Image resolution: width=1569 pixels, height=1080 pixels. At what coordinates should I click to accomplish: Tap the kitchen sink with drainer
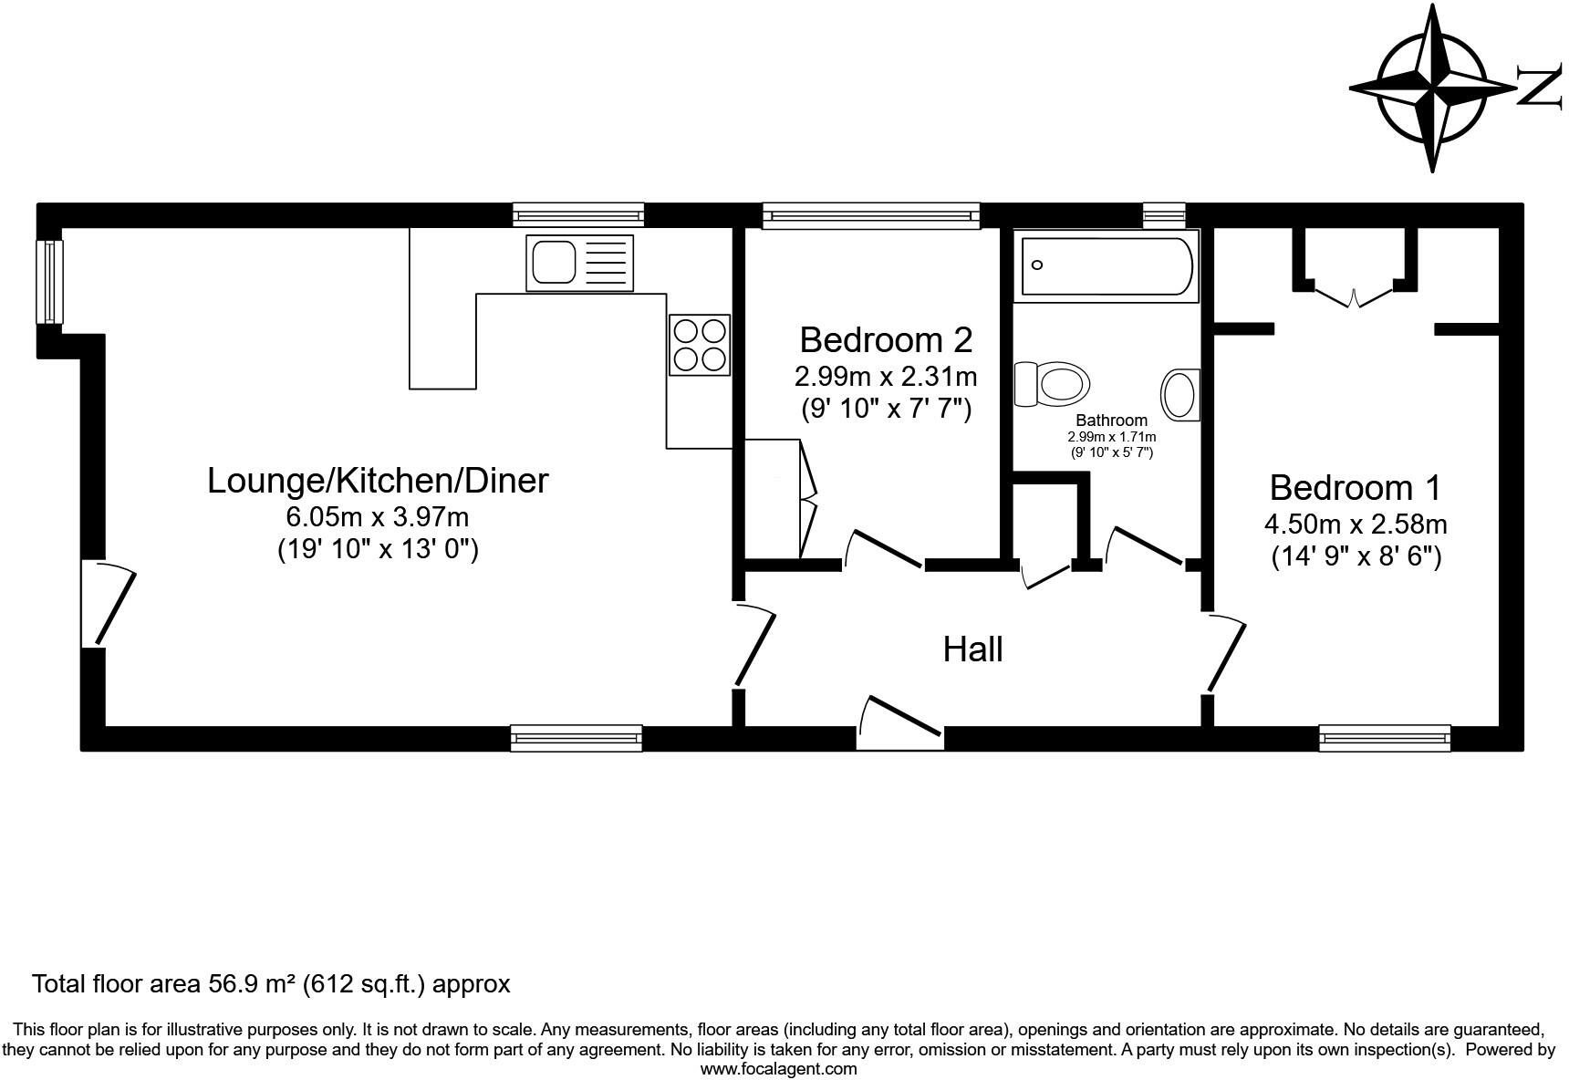(x=579, y=263)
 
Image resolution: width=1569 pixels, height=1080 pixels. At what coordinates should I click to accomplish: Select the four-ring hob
(x=700, y=344)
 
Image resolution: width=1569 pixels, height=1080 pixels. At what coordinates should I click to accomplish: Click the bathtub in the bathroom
(x=1106, y=265)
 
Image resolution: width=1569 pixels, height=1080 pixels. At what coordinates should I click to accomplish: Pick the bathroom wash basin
(x=1180, y=395)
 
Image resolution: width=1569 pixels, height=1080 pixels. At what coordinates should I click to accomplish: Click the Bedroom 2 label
(x=886, y=339)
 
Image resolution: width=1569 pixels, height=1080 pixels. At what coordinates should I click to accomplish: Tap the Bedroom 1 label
(x=1355, y=487)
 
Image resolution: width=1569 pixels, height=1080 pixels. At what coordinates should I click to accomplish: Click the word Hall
(x=972, y=649)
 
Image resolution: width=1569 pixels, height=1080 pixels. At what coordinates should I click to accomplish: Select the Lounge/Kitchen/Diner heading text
(x=378, y=480)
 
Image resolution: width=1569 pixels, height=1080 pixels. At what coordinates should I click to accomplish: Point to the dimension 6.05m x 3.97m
(x=378, y=517)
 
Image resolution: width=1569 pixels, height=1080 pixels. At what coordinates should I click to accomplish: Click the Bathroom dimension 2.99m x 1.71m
(x=1111, y=437)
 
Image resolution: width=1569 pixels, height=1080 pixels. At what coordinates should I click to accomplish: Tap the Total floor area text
(x=271, y=984)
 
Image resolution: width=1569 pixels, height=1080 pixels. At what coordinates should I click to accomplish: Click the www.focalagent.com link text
(x=778, y=1069)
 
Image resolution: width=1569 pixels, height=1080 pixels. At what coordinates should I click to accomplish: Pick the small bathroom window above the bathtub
(x=1164, y=215)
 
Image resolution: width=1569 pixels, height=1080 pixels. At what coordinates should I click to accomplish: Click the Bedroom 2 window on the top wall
(x=871, y=215)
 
